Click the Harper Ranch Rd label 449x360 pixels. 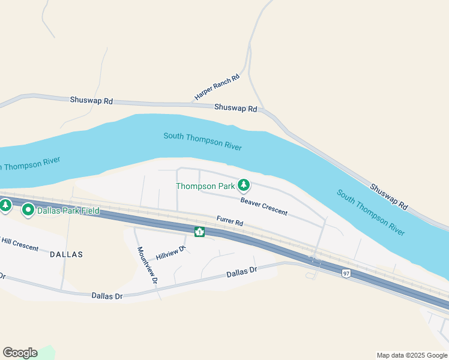click(217, 88)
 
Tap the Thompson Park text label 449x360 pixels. click(205, 186)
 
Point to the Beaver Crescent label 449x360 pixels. click(264, 206)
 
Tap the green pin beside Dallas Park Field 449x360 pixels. click(28, 210)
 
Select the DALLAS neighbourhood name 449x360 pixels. click(66, 254)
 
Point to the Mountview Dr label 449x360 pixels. click(147, 265)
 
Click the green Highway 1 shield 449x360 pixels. click(199, 232)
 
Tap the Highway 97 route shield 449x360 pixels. click(346, 274)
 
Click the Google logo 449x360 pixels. click(20, 353)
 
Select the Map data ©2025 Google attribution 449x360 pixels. click(412, 355)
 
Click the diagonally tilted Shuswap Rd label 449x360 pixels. click(389, 197)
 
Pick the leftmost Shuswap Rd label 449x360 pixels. click(91, 101)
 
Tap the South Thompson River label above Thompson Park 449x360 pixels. click(202, 141)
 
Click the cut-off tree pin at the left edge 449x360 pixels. click(5, 206)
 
